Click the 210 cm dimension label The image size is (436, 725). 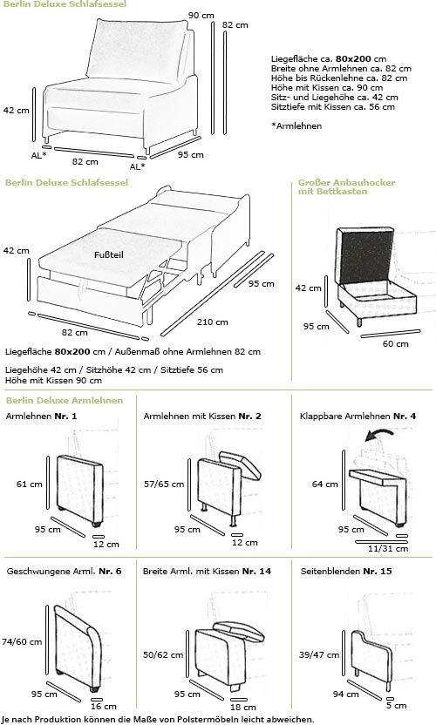coord(212,322)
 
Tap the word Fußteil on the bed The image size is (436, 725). coord(109,254)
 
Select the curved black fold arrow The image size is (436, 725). coord(379,434)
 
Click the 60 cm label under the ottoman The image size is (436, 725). coord(395,343)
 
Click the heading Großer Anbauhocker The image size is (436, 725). coord(347,182)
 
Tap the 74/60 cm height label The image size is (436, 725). coord(22,641)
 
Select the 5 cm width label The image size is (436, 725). coord(397,706)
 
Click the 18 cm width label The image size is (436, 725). coord(243,707)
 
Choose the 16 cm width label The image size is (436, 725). coord(103,706)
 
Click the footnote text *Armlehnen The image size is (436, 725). coord(296,125)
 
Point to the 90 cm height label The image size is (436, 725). coord(201,16)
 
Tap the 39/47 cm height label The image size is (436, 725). coord(319,654)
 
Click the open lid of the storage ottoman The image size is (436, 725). coord(364,255)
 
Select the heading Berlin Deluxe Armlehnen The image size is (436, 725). coord(65,401)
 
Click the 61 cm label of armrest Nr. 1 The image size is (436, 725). coord(29,484)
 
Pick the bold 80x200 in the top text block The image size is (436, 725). coord(354,58)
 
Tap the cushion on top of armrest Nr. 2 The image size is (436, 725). coord(241,464)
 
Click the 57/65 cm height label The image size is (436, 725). coord(164,484)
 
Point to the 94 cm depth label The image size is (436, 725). coord(345,694)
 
